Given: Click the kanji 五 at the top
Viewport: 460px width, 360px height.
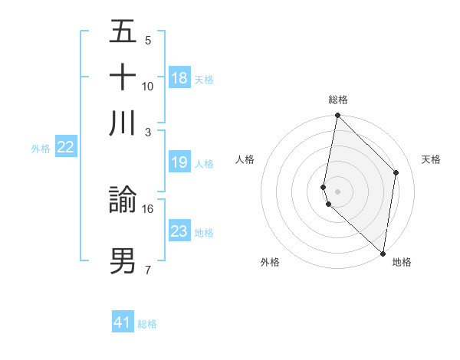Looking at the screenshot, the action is click(123, 32).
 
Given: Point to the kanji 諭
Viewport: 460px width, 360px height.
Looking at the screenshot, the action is click(123, 201).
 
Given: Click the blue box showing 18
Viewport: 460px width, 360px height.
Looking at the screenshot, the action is click(179, 78).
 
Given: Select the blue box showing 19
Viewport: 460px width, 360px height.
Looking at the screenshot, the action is click(179, 162).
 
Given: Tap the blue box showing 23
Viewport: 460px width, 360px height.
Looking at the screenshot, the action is click(179, 231).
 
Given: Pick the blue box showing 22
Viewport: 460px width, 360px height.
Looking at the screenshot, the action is click(65, 148).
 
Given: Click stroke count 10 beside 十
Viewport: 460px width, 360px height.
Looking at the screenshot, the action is click(148, 86).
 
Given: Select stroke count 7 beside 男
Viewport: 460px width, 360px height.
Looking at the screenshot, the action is click(148, 270).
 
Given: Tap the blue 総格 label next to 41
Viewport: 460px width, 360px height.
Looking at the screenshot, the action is click(147, 324).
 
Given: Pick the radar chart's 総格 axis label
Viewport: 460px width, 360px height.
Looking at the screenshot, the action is click(337, 100).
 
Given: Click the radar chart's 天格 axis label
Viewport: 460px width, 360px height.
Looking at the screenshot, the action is click(432, 159).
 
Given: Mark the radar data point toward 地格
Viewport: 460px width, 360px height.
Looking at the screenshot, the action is click(383, 253).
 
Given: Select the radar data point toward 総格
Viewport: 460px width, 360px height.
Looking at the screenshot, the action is click(337, 116).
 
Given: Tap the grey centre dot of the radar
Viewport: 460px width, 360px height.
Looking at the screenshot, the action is click(337, 191).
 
